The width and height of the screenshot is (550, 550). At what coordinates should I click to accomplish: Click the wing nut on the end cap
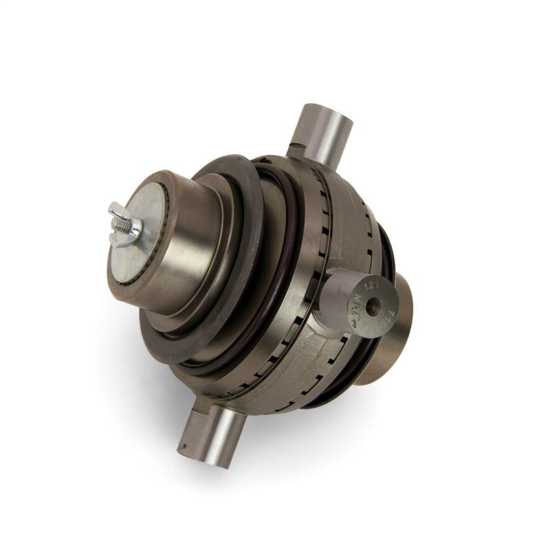tap(126, 224)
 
